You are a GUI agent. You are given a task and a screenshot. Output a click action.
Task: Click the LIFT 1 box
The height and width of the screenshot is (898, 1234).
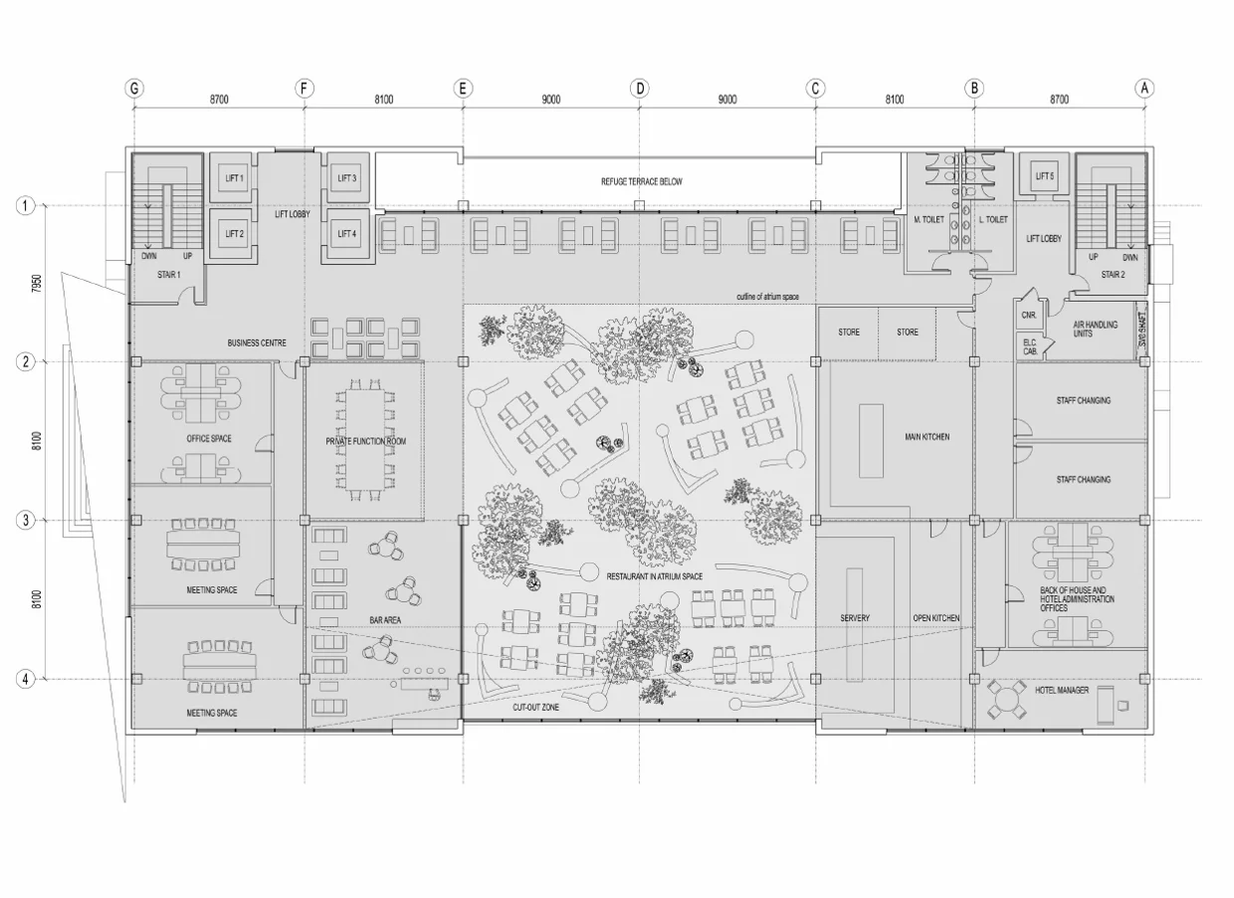pos(234,178)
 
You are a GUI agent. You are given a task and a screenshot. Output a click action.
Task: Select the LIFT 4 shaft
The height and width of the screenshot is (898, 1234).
pos(346,234)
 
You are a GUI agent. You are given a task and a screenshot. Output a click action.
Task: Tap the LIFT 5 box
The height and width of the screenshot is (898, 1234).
pos(1044,177)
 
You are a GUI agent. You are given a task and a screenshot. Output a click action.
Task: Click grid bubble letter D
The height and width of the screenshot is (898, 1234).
pos(640,88)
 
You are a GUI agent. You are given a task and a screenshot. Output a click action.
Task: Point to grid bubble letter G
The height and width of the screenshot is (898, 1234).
pos(134,88)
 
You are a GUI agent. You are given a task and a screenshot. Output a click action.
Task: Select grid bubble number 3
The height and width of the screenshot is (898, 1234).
pos(26,520)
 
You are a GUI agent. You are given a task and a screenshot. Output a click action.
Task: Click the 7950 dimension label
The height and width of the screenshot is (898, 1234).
pos(37,283)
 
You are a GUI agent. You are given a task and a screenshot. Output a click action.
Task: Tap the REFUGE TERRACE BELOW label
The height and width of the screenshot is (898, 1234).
pos(641,182)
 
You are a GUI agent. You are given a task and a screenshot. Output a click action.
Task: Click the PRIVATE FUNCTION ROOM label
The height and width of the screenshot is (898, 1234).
pos(365,441)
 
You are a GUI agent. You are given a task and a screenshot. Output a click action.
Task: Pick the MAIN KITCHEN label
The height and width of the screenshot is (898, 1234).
pos(926,437)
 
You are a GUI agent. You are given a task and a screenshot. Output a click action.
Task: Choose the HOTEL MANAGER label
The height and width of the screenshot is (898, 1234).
pos(1061,690)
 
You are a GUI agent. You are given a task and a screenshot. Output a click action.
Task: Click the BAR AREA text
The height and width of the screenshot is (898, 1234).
pos(385,620)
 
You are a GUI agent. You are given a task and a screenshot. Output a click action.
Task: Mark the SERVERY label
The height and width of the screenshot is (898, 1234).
pos(855,618)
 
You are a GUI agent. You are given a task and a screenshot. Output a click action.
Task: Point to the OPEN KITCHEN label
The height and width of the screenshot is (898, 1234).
pos(936,618)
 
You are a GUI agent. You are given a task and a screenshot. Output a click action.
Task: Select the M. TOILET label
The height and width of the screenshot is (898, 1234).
pos(929,219)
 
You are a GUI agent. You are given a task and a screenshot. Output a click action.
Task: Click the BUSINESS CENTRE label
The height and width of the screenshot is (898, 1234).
pos(257,343)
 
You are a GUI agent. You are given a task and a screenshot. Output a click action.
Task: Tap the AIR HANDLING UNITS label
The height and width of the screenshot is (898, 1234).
pos(1095,330)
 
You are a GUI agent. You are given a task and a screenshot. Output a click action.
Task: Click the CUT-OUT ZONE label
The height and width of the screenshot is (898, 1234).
pos(534,706)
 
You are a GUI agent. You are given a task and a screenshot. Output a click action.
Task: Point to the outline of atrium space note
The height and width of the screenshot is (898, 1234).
pos(767,297)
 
